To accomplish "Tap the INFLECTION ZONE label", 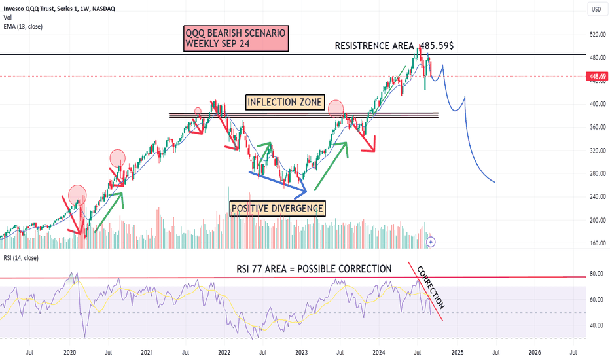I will (285, 102).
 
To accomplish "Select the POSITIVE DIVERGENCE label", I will (277, 208).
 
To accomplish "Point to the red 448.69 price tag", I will (596, 76).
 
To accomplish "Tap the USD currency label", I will (596, 9).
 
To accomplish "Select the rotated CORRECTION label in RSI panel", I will (431, 288).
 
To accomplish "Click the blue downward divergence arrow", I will (278, 183).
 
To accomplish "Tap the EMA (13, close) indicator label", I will (23, 25).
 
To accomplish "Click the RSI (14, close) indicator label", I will (20, 258).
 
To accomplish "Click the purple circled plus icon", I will (431, 242).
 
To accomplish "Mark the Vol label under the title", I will (8, 16).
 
